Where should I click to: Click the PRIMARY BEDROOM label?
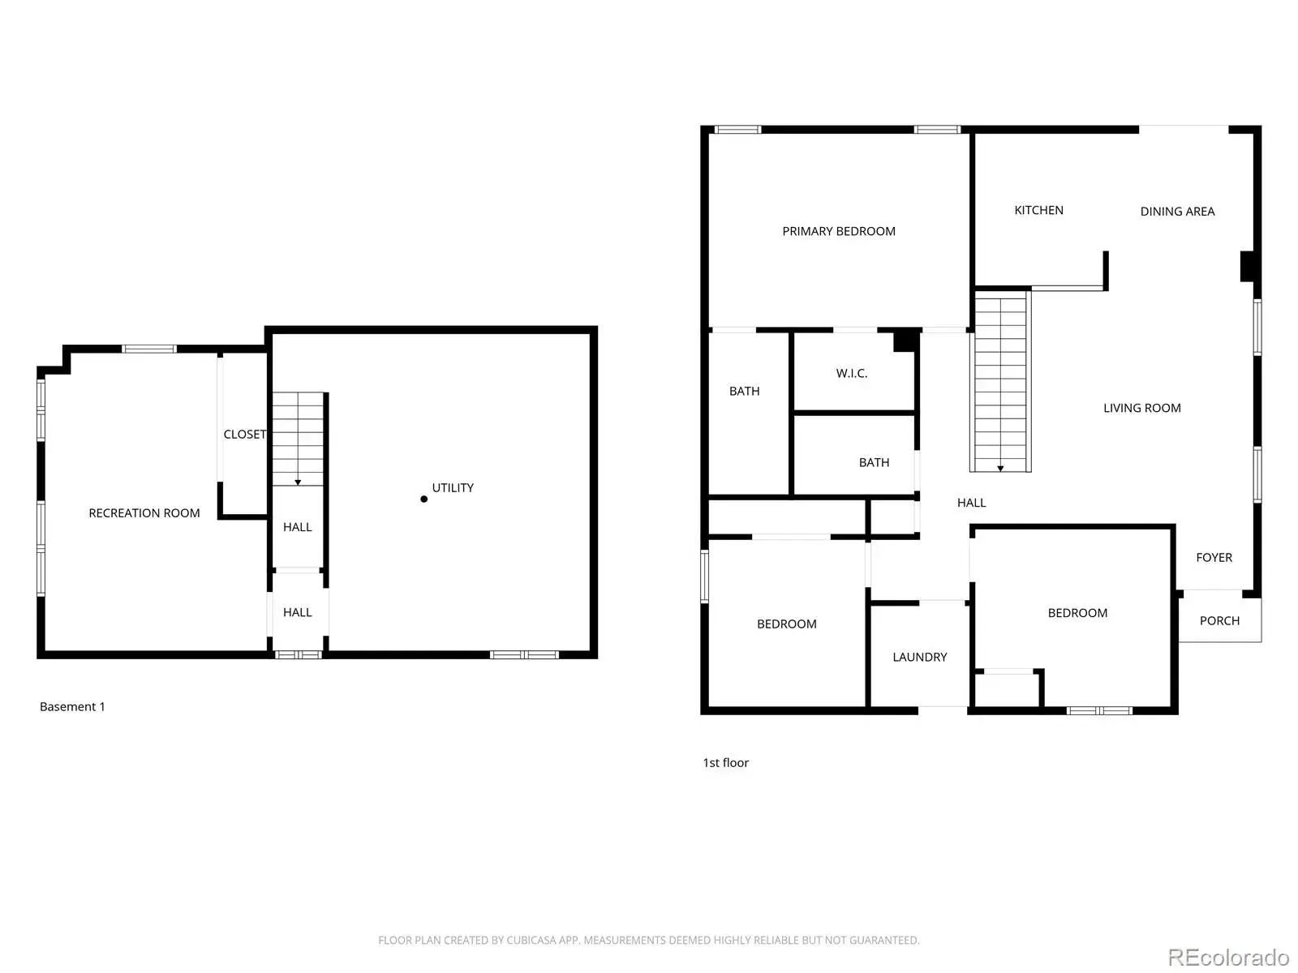coord(839,231)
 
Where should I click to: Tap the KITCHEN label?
coord(1038,210)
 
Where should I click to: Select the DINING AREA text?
coord(1177,212)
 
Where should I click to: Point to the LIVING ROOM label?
coord(1141,408)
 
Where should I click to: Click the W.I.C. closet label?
coord(852,373)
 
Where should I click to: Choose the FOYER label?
coord(1214,558)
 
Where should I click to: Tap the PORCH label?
coord(1219,621)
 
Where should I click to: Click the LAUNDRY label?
coord(919,657)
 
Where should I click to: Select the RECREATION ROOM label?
coord(144,512)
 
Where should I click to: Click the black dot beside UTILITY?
coord(423,499)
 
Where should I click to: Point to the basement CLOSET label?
coord(245,435)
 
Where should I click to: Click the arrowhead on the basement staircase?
coord(298,482)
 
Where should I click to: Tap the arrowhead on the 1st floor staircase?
coord(1000,469)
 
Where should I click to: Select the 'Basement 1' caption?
coord(72,706)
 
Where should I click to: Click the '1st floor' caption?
coord(725,763)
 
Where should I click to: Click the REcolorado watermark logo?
coord(1227,958)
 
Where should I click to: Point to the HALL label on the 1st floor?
coord(971,503)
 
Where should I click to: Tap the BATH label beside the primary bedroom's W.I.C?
coord(744,391)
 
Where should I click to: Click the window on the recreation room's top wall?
coord(149,349)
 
